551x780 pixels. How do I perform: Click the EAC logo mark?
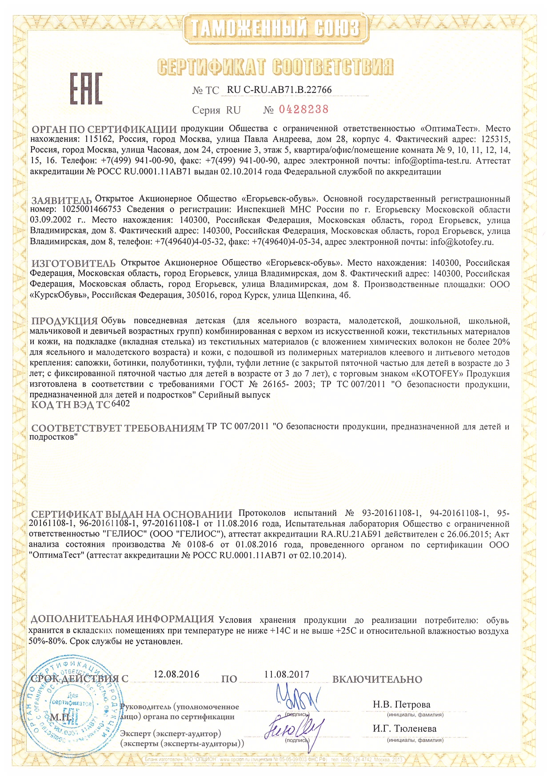pyautogui.click(x=86, y=88)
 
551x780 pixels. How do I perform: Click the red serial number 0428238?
pyautogui.click(x=303, y=109)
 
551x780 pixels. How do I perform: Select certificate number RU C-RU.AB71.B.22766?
pyautogui.click(x=279, y=90)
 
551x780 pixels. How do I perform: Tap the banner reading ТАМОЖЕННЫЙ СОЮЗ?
pyautogui.click(x=275, y=28)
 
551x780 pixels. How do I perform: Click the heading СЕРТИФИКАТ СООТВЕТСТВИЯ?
pyautogui.click(x=275, y=67)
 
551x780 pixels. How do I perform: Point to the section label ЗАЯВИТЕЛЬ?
pyautogui.click(x=61, y=200)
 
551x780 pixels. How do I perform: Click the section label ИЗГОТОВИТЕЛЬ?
pyautogui.click(x=73, y=264)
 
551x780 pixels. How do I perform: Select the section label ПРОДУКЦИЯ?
pyautogui.click(x=65, y=321)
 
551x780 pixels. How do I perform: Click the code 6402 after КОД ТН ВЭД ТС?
pyautogui.click(x=121, y=404)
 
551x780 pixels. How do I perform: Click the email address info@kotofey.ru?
pyautogui.click(x=462, y=242)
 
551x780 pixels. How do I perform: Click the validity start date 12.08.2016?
pyautogui.click(x=176, y=674)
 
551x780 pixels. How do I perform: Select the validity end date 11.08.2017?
pyautogui.click(x=287, y=674)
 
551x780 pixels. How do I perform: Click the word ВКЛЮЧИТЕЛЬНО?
pyautogui.click(x=377, y=680)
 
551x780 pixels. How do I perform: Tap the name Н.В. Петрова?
pyautogui.click(x=401, y=704)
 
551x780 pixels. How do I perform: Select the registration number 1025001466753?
pyautogui.click(x=92, y=210)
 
